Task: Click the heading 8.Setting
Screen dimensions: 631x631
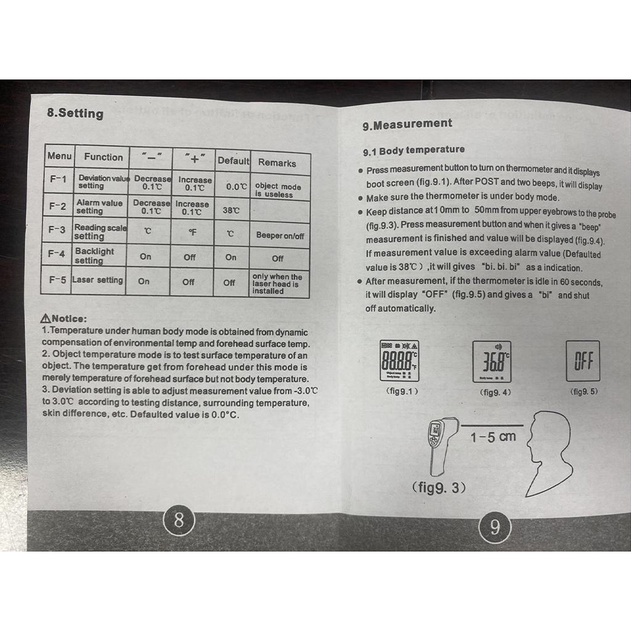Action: click(75, 113)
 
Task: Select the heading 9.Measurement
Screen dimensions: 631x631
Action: click(407, 124)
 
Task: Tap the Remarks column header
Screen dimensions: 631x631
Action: click(277, 163)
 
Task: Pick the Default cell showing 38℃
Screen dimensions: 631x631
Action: click(230, 210)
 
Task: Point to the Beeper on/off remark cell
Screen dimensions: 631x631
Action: click(280, 235)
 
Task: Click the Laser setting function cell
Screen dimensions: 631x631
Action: click(98, 280)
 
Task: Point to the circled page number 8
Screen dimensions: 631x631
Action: click(179, 521)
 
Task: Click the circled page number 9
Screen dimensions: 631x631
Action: click(494, 527)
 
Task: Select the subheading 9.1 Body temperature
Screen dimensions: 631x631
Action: click(413, 150)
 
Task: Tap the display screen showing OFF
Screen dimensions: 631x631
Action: click(582, 361)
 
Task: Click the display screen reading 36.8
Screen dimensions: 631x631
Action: click(492, 361)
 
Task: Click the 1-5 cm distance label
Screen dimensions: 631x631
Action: click(493, 437)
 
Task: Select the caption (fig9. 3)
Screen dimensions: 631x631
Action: click(438, 488)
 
